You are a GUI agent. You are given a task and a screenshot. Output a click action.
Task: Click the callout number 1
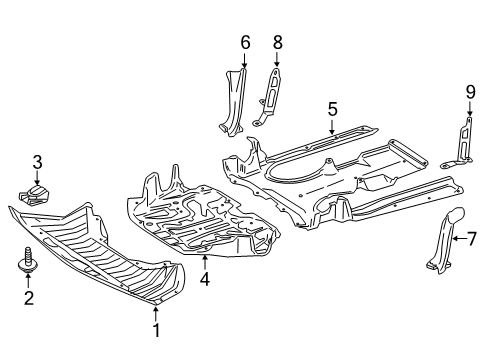[x=156, y=330]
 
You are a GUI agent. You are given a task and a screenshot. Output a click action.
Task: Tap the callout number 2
[x=29, y=298]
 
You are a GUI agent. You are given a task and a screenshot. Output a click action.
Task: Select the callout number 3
[x=37, y=162]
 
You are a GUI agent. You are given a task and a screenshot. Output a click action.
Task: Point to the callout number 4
[x=205, y=279]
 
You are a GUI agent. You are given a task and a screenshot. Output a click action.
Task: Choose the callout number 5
[x=332, y=109]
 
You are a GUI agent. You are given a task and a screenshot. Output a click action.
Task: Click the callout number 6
[x=245, y=43]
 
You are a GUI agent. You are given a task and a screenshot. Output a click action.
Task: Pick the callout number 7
[x=471, y=239]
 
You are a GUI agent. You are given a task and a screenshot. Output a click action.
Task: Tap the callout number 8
[x=277, y=43]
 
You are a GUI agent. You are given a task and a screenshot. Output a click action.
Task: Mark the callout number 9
[x=470, y=92]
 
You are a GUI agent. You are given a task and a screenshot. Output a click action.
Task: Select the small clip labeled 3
[x=34, y=194]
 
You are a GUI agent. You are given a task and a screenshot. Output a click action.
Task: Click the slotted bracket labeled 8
[x=268, y=97]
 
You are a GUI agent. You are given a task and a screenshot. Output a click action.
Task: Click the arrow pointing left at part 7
[x=459, y=238]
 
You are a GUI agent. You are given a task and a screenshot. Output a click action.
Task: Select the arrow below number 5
[x=332, y=127]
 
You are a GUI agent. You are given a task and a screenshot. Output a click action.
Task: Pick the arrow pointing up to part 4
[x=205, y=262]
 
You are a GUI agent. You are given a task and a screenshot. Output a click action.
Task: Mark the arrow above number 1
[x=156, y=314]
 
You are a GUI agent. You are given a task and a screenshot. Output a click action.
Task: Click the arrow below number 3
[x=37, y=177]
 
